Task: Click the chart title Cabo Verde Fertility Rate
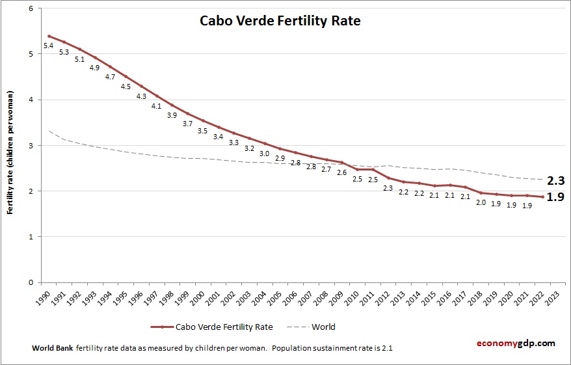280,21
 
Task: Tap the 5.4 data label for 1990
48,46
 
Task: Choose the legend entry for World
323,327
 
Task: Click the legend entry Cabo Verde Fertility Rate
223,327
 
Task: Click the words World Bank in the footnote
52,348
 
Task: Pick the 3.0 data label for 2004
265,154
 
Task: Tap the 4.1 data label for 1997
156,106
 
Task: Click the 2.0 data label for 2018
480,202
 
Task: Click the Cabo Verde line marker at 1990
49,36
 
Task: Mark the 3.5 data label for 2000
202,131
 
